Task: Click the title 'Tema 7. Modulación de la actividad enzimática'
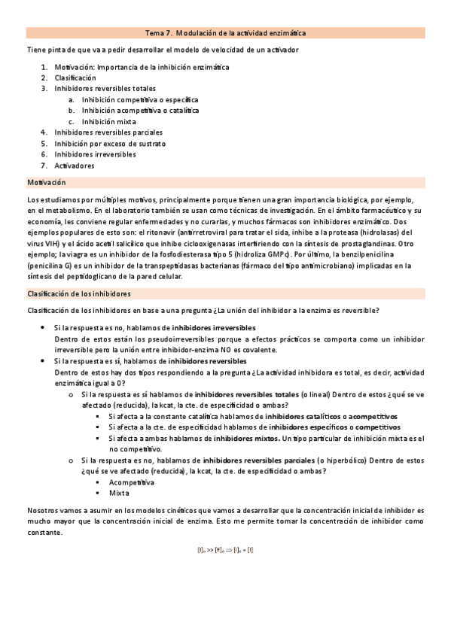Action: tap(225, 33)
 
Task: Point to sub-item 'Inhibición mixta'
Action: tap(109, 121)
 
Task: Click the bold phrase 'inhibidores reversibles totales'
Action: tap(246, 393)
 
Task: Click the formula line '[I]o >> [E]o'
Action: tap(225, 550)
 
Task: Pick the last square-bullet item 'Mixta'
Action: tap(119, 493)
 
